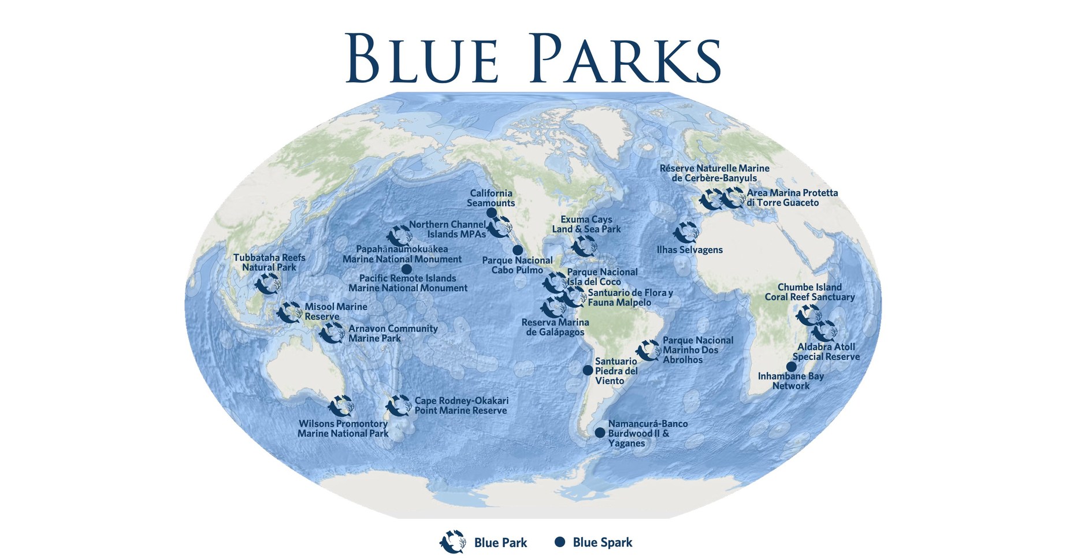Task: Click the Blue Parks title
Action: coord(533,58)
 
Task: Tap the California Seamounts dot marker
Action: coord(492,213)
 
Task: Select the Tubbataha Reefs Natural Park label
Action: coord(269,262)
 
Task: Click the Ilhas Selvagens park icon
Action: coord(686,232)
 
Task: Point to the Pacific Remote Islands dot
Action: coord(406,269)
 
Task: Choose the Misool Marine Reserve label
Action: coord(336,311)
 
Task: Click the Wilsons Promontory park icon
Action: coord(341,406)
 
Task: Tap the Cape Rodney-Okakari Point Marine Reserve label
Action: coord(461,406)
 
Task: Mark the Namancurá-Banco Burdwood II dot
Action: coord(600,433)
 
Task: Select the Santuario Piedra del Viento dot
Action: coord(588,370)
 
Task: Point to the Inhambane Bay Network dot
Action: coord(792,367)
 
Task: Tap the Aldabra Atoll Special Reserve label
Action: coord(826,352)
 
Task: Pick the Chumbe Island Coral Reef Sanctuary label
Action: coord(809,292)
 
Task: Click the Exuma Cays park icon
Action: coord(584,246)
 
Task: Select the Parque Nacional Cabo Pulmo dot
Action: coord(518,250)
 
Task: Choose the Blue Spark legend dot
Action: coord(559,542)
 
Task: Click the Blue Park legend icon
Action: coord(453,542)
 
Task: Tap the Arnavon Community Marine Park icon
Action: coord(332,333)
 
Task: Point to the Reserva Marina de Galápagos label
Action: coord(555,327)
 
